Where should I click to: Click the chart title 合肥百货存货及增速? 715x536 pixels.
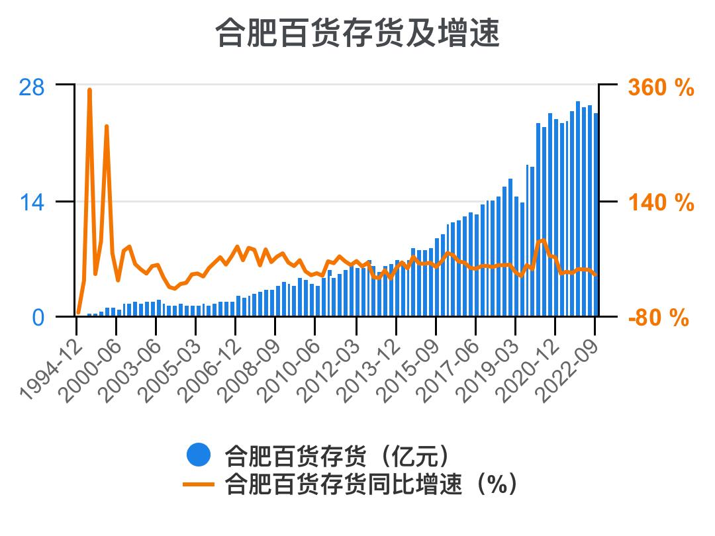tap(358, 33)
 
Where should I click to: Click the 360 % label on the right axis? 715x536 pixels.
tap(660, 87)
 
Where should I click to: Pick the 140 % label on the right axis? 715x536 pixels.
tap(660, 202)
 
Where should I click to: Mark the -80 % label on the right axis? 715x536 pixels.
tap(658, 318)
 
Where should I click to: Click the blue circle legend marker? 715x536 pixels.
tap(199, 455)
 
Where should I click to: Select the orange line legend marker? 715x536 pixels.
tap(199, 484)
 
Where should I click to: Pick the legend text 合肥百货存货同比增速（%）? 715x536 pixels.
tap(371, 484)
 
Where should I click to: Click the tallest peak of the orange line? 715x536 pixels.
tap(89, 90)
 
